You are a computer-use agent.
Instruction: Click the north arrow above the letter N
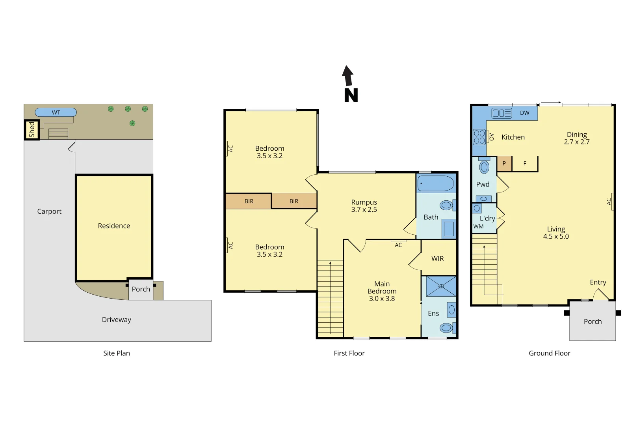(x=347, y=76)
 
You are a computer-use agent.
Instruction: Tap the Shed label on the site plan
(x=32, y=130)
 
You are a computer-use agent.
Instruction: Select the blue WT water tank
(x=56, y=112)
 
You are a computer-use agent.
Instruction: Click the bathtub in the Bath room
(x=436, y=183)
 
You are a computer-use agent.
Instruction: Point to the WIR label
(x=437, y=259)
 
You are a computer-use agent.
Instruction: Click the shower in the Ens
(x=441, y=286)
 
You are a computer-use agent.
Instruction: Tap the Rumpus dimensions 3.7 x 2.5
(x=364, y=210)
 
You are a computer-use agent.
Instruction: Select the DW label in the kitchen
(x=524, y=113)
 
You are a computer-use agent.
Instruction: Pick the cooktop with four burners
(x=479, y=137)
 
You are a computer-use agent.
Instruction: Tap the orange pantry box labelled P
(x=504, y=163)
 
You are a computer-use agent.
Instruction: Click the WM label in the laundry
(x=478, y=226)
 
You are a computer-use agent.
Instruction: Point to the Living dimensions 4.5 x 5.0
(x=556, y=237)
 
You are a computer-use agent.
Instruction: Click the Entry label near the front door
(x=598, y=282)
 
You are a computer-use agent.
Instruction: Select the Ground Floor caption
(x=549, y=353)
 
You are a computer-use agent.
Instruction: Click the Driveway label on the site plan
(x=117, y=320)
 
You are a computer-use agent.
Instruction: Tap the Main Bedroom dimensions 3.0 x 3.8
(x=382, y=299)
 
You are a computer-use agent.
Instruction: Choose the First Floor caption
(x=349, y=353)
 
